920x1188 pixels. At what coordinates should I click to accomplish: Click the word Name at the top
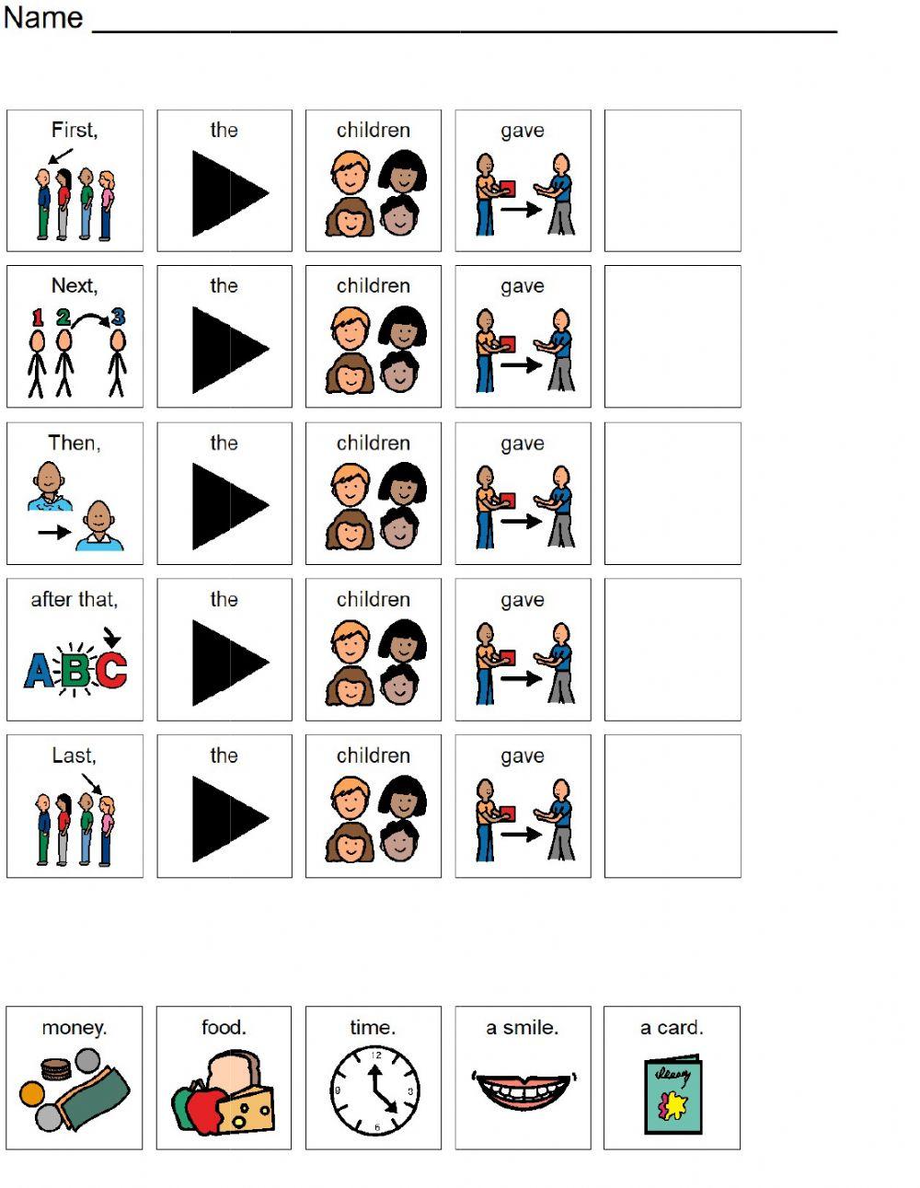[x=42, y=17]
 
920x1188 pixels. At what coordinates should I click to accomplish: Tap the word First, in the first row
[x=74, y=130]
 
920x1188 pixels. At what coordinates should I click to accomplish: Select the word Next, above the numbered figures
[x=74, y=286]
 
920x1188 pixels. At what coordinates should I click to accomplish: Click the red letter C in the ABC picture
[x=111, y=670]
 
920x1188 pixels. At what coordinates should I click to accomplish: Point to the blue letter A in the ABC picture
[x=39, y=670]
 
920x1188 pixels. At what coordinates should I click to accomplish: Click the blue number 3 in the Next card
[x=118, y=317]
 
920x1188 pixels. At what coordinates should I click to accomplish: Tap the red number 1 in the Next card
[x=38, y=317]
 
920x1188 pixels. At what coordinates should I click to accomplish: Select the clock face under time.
[x=374, y=1092]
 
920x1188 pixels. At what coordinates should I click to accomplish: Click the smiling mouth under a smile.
[x=523, y=1090]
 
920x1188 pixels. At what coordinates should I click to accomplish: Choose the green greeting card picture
[x=673, y=1098]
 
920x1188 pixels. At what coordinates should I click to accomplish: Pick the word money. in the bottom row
[x=74, y=1028]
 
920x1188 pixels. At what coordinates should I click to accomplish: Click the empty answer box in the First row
[x=673, y=180]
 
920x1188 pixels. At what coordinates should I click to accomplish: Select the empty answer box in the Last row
[x=673, y=805]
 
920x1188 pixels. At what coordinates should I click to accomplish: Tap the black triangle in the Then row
[x=228, y=505]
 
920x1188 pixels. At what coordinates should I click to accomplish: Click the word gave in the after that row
[x=523, y=600]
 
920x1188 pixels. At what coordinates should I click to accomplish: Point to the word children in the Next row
[x=373, y=286]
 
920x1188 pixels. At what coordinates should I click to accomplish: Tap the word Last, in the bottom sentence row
[x=74, y=755]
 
